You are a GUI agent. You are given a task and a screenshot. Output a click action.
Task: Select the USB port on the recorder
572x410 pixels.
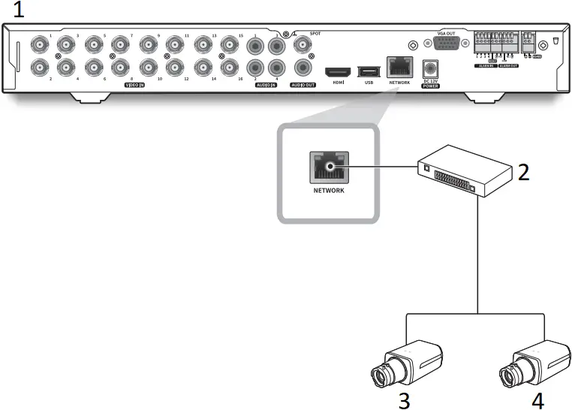point(369,71)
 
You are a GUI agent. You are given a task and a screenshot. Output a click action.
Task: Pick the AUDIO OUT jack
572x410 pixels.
point(304,68)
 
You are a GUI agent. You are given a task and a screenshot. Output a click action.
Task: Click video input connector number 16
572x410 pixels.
point(230,68)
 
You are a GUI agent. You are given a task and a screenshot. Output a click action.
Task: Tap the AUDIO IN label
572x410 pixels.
point(263,86)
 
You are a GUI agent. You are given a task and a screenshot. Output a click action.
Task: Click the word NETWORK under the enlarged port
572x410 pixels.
point(329,191)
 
